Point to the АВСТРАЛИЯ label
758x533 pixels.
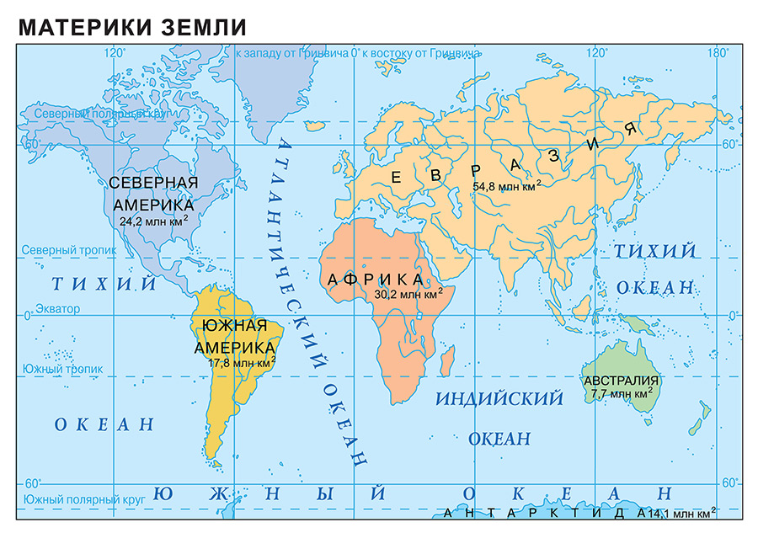click(x=621, y=381)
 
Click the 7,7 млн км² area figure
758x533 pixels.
click(x=622, y=393)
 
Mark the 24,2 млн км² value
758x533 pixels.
click(x=153, y=221)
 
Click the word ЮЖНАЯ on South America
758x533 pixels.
click(x=235, y=326)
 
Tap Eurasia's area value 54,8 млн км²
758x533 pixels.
click(x=506, y=186)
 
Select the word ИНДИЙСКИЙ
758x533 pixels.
click(x=498, y=399)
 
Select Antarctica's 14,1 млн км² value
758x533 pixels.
click(x=681, y=512)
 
